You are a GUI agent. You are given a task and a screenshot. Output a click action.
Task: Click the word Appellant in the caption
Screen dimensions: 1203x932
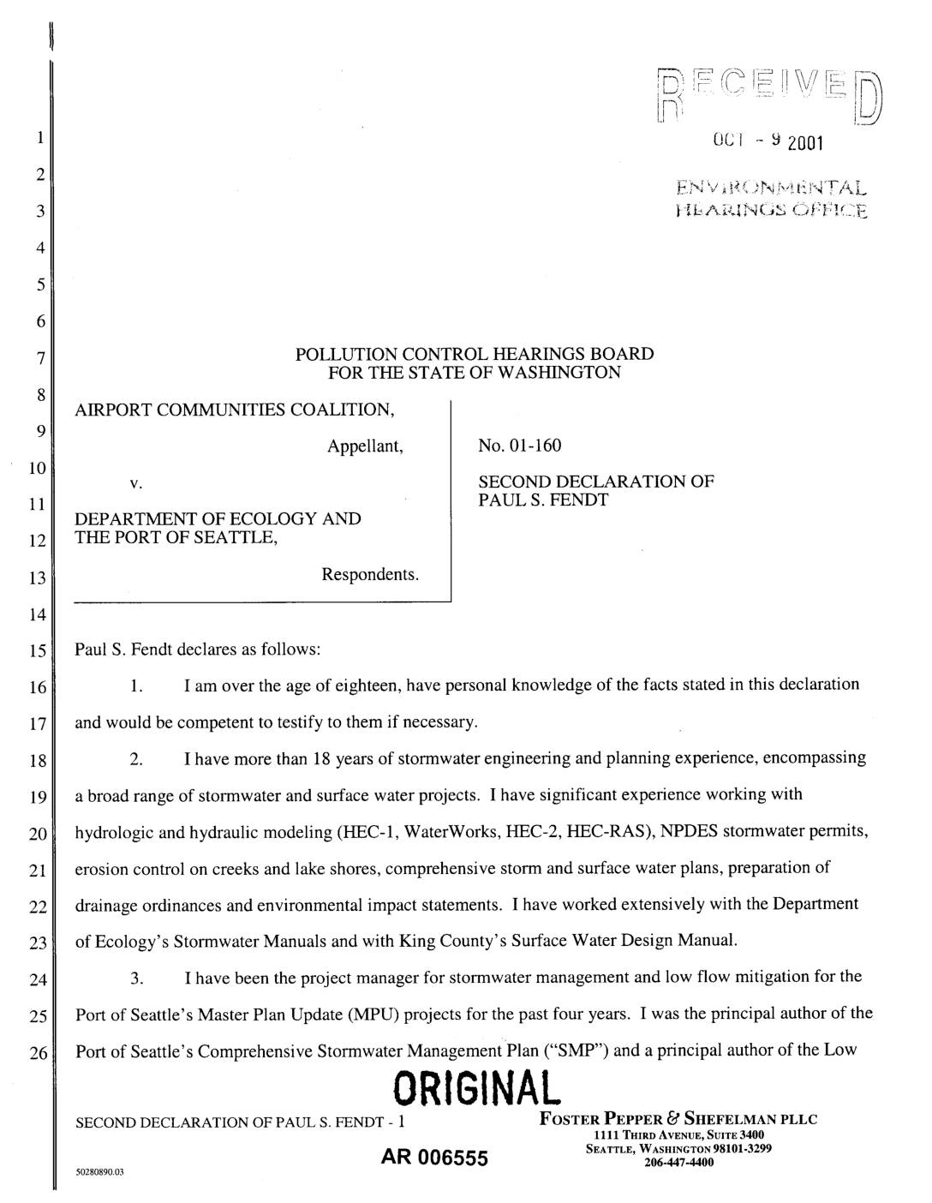(x=364, y=446)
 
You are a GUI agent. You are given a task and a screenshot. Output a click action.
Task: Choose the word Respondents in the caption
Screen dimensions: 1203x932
(x=370, y=574)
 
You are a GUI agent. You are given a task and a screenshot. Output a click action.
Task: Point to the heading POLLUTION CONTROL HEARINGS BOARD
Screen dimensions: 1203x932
(x=474, y=354)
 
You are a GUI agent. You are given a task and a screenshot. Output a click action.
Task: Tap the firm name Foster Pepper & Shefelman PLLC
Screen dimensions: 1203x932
(x=678, y=1119)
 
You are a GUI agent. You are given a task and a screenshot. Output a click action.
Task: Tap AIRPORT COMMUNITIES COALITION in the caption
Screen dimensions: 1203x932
(x=235, y=410)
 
